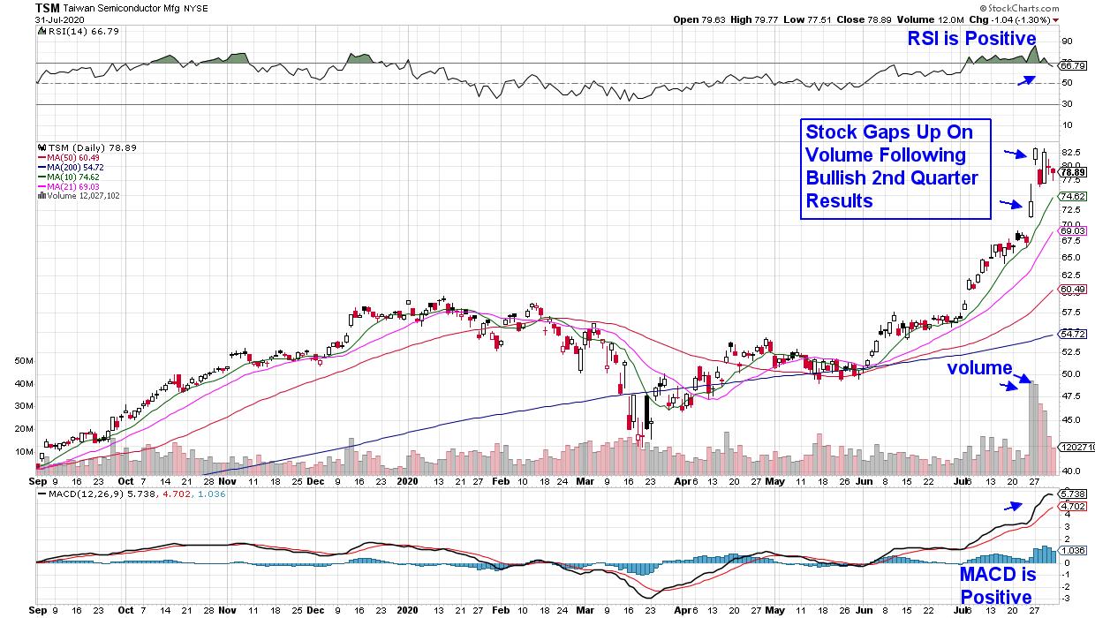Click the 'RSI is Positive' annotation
point(972,38)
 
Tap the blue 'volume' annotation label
point(980,367)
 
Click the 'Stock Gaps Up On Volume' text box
point(895,168)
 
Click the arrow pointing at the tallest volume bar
point(1009,384)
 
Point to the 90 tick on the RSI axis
point(1067,41)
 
